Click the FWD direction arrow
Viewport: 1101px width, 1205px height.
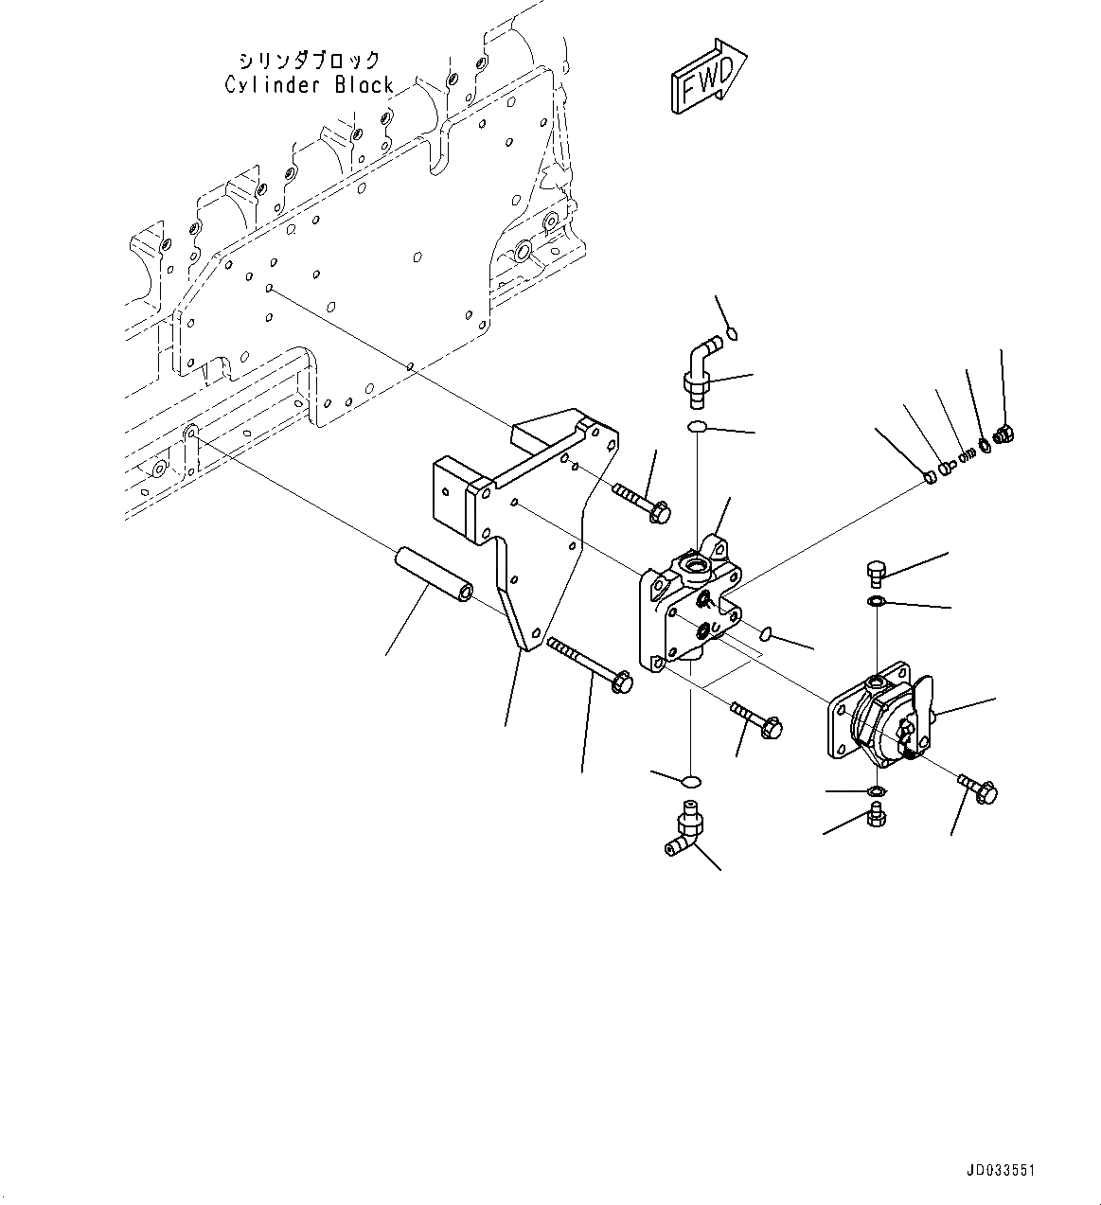click(709, 77)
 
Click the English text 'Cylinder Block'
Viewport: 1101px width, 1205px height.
click(309, 85)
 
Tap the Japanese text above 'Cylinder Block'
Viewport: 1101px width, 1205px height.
click(309, 61)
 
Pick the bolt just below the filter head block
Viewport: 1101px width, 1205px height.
click(755, 718)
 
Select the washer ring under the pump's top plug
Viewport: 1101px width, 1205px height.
click(877, 601)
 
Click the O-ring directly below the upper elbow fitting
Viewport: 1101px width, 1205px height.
click(699, 428)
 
